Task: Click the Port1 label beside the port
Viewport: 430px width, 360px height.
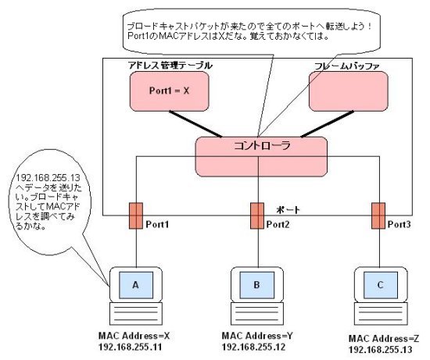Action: [157, 224]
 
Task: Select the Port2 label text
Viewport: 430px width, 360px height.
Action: [278, 224]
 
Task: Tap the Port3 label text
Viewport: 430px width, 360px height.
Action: [399, 224]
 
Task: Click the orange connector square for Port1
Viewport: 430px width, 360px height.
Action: [136, 216]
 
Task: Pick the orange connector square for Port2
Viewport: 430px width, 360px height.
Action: [257, 216]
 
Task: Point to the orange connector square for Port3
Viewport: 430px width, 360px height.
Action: [378, 216]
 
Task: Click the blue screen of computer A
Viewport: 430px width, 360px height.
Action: [136, 285]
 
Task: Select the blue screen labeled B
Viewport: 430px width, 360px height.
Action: [257, 285]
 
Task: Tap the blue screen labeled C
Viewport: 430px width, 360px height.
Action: [381, 285]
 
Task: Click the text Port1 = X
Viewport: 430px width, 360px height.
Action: [169, 91]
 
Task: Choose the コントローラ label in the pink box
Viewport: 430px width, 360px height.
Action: [262, 145]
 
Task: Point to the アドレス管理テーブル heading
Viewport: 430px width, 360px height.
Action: [170, 66]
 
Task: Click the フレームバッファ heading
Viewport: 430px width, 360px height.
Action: [347, 66]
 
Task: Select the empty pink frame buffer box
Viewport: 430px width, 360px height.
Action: [349, 91]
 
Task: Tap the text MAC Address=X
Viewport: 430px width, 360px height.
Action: [134, 336]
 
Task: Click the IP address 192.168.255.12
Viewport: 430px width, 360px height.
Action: [253, 348]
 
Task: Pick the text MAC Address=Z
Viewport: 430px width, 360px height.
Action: [384, 339]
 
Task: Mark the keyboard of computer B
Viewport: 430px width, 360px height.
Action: [257, 314]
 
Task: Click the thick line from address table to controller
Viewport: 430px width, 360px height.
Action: [195, 124]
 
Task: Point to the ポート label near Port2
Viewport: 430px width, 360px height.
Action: [288, 210]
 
